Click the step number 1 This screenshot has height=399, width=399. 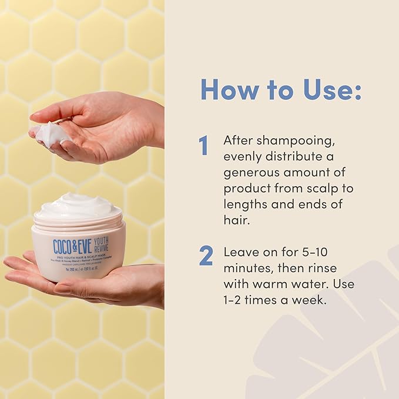(x=204, y=146)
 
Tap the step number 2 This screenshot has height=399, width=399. (x=205, y=256)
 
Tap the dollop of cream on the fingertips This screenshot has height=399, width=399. (x=51, y=133)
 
